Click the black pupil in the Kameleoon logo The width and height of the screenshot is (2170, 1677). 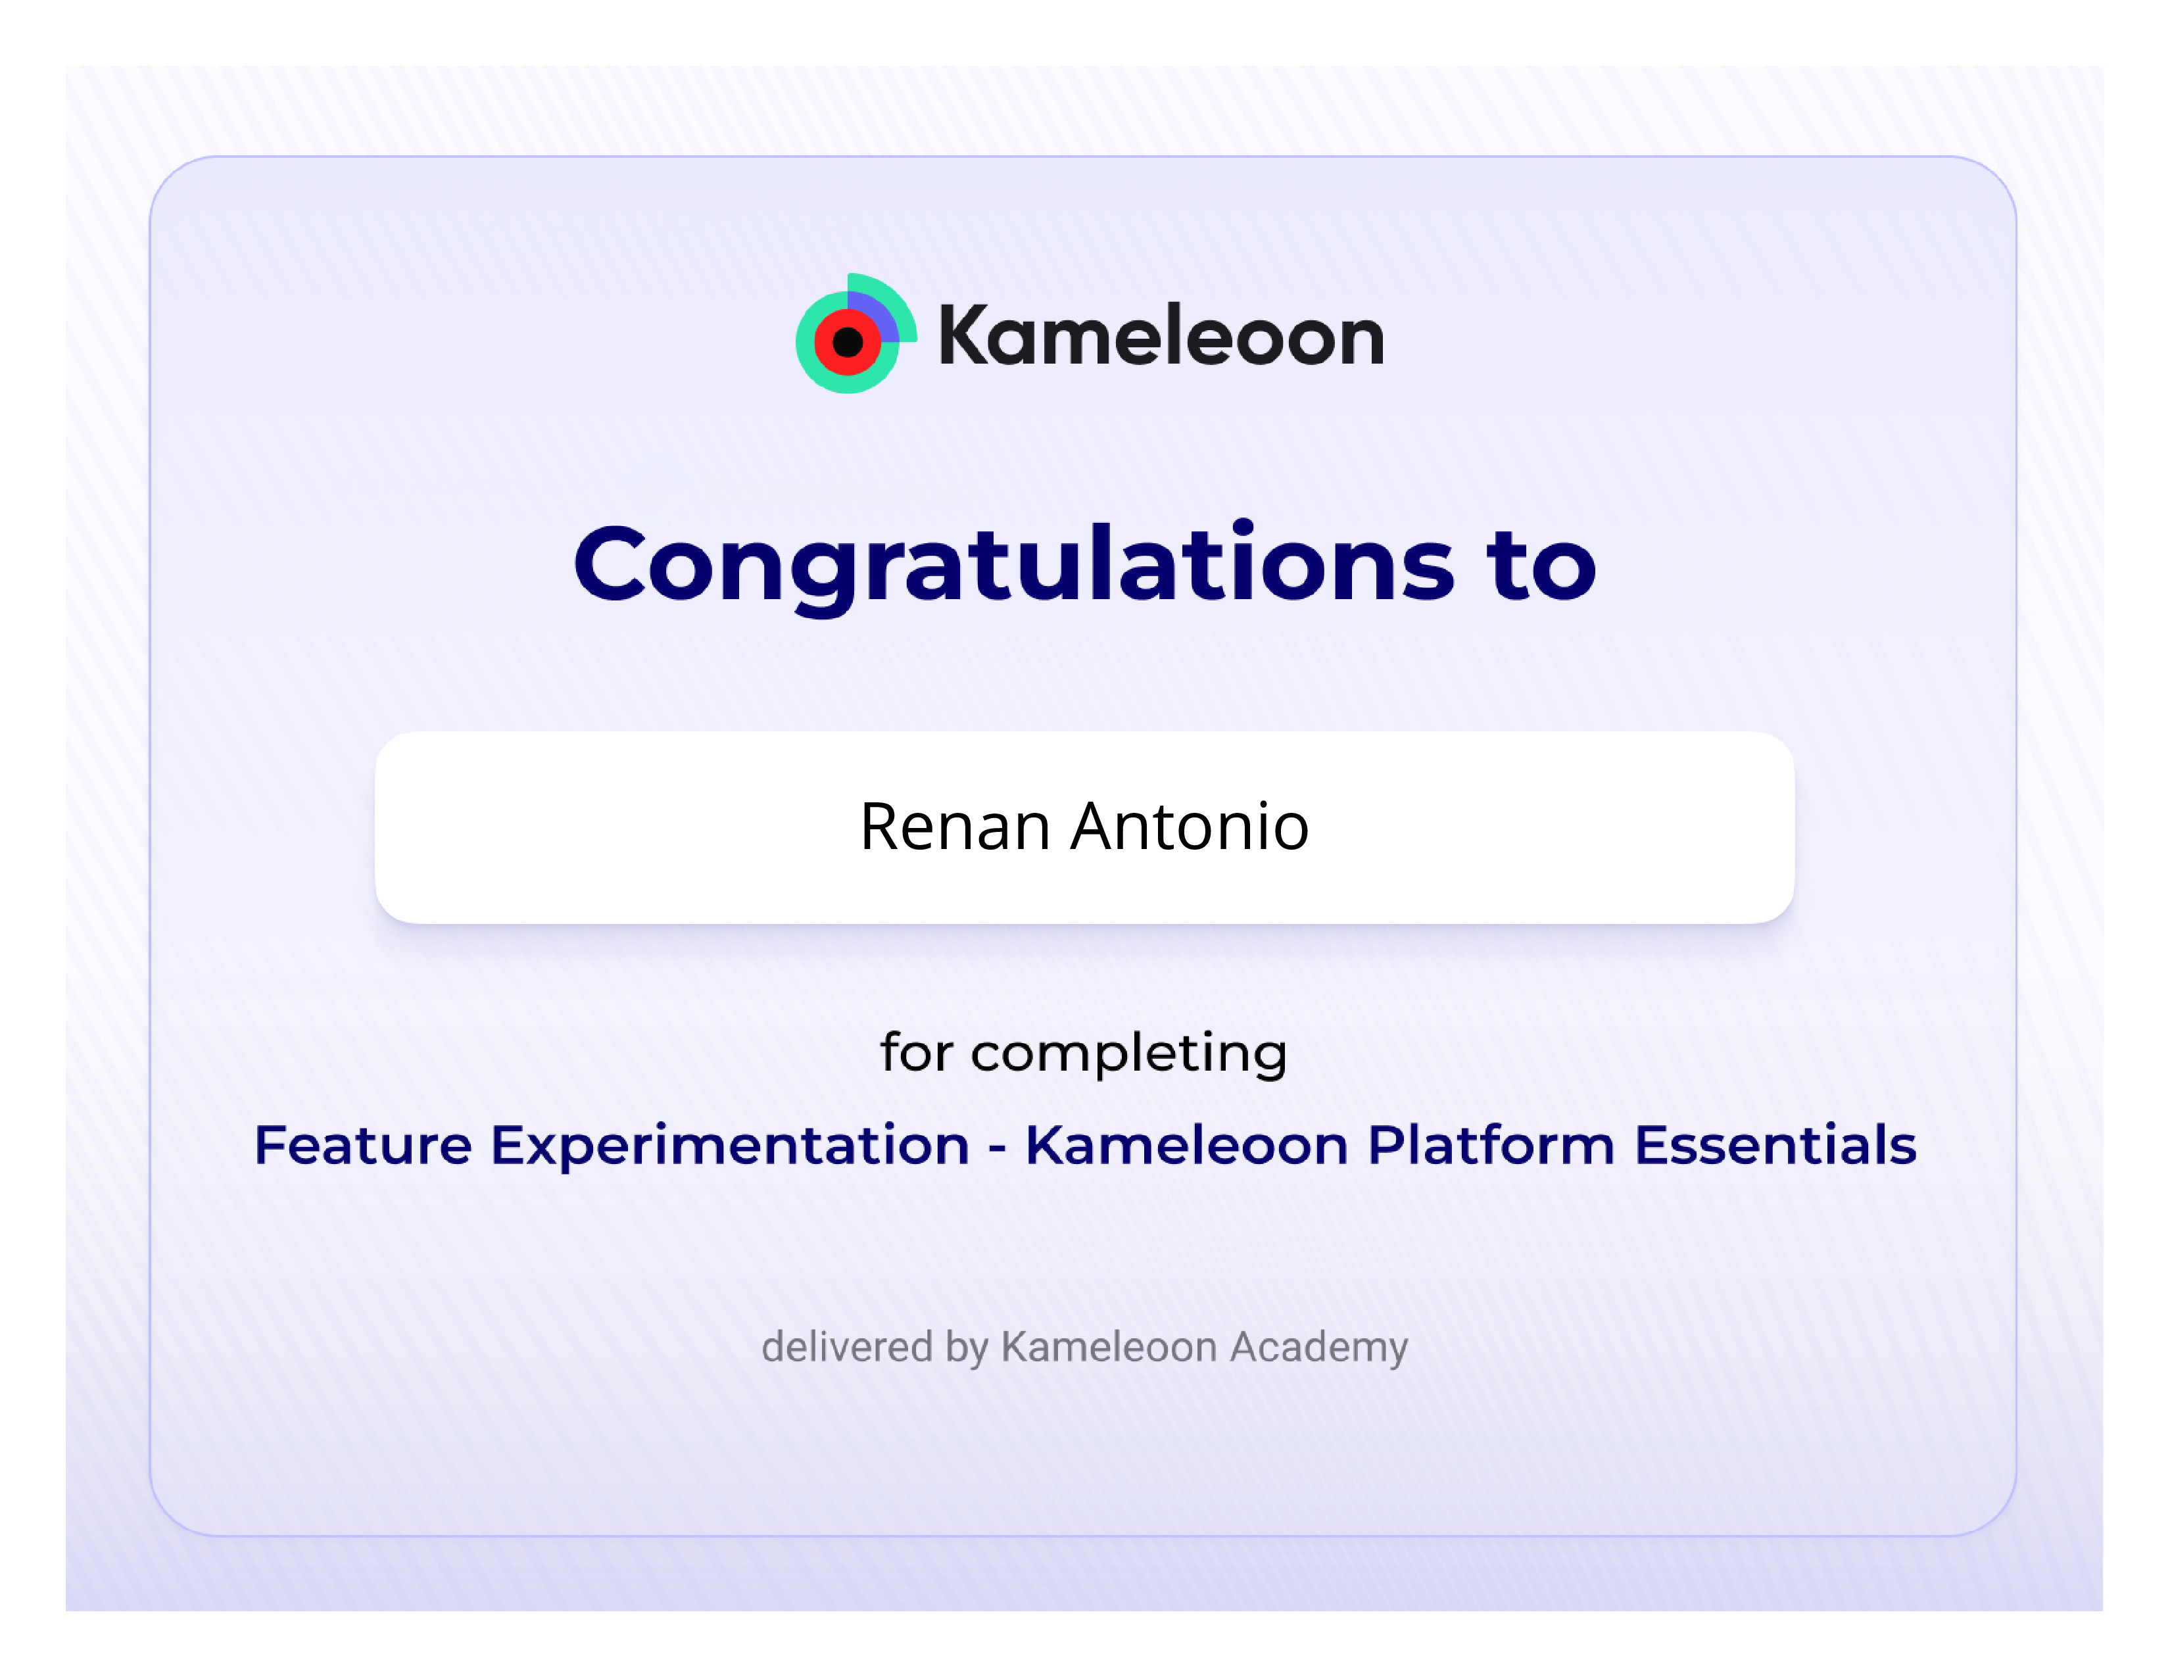coord(848,343)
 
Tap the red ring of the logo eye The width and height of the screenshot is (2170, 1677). coord(823,343)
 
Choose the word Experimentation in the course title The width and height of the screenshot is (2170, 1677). coord(731,1146)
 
